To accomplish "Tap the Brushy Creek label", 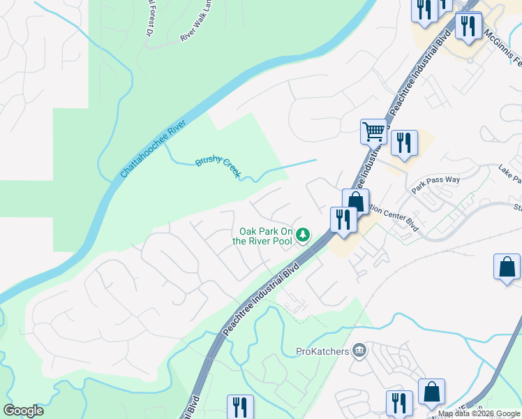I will (x=217, y=165).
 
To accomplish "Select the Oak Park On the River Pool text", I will (x=265, y=236).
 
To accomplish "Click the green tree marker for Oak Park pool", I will (x=303, y=235).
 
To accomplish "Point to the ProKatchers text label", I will (x=322, y=351).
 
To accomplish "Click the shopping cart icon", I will (x=374, y=131).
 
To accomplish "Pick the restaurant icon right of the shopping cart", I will (x=404, y=142).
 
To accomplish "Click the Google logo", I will (x=23, y=411).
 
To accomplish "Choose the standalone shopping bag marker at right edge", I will (x=507, y=267).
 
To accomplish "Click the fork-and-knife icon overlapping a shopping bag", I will (x=343, y=219).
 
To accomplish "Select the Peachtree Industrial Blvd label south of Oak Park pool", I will (x=262, y=297).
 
